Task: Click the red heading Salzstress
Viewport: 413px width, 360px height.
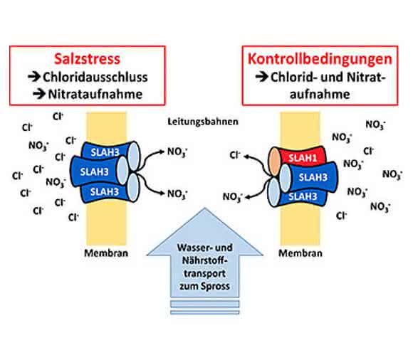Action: coord(87,58)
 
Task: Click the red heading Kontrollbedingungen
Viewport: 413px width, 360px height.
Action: coord(320,59)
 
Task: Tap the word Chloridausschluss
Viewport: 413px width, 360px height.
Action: coord(95,77)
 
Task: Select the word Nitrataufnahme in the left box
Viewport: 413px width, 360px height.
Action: coord(95,94)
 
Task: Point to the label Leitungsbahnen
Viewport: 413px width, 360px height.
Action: coord(203,122)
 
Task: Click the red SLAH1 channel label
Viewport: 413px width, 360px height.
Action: coord(303,158)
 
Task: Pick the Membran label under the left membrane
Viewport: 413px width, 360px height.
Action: coord(106,253)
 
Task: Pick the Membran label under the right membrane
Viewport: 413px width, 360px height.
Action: coord(300,253)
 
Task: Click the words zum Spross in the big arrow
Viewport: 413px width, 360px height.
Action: coord(204,286)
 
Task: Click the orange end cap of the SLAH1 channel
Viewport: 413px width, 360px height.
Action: coord(274,162)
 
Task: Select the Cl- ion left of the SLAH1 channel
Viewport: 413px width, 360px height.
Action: coord(235,155)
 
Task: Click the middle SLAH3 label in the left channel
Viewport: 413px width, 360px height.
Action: coord(94,172)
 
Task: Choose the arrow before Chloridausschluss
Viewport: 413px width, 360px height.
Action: coord(34,77)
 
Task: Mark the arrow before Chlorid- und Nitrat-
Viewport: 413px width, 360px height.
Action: coord(262,77)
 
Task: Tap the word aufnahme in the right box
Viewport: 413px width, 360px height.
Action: coord(320,94)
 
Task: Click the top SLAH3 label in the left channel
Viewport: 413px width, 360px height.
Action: coord(105,152)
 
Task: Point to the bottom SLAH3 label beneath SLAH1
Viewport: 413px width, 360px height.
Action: coord(303,196)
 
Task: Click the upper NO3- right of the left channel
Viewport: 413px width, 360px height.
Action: coord(177,152)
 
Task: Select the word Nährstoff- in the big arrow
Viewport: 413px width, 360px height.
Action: coord(204,260)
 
